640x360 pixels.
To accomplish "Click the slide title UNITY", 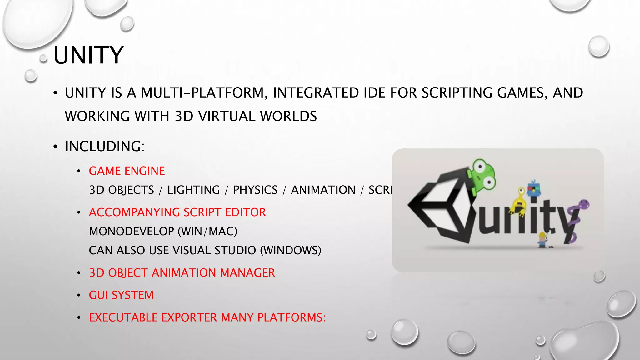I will click(x=88, y=55).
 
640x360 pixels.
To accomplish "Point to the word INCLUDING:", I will click(x=105, y=147).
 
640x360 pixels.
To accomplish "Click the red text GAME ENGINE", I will click(x=127, y=171).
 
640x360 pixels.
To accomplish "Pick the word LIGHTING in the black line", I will click(x=193, y=190).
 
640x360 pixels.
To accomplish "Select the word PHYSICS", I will click(x=255, y=190).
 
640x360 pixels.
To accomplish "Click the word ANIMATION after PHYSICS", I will click(x=323, y=190).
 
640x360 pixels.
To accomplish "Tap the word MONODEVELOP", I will click(x=131, y=232).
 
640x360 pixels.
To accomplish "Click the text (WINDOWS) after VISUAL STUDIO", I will click(x=291, y=251).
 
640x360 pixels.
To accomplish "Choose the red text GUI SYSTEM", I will click(x=121, y=295).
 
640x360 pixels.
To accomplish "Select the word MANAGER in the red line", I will click(x=247, y=273).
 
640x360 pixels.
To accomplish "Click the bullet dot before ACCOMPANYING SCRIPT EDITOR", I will click(x=79, y=213).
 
